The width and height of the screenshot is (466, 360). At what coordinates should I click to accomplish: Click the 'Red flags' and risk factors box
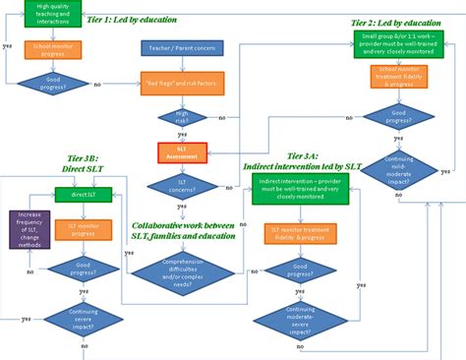coord(182,82)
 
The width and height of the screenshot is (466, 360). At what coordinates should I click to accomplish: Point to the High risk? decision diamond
coord(182,117)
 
